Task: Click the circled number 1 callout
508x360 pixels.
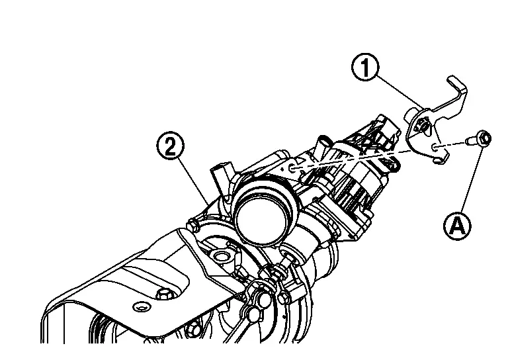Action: coord(365,67)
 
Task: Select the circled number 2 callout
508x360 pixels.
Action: coord(171,147)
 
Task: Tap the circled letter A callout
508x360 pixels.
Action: coord(457,226)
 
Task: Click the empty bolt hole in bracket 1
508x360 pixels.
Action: coord(435,148)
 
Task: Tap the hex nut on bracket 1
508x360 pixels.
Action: coord(422,125)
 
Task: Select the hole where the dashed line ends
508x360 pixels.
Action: coord(291,168)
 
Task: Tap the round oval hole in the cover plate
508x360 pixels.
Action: coord(142,306)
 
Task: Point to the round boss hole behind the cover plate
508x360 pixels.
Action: coord(222,257)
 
